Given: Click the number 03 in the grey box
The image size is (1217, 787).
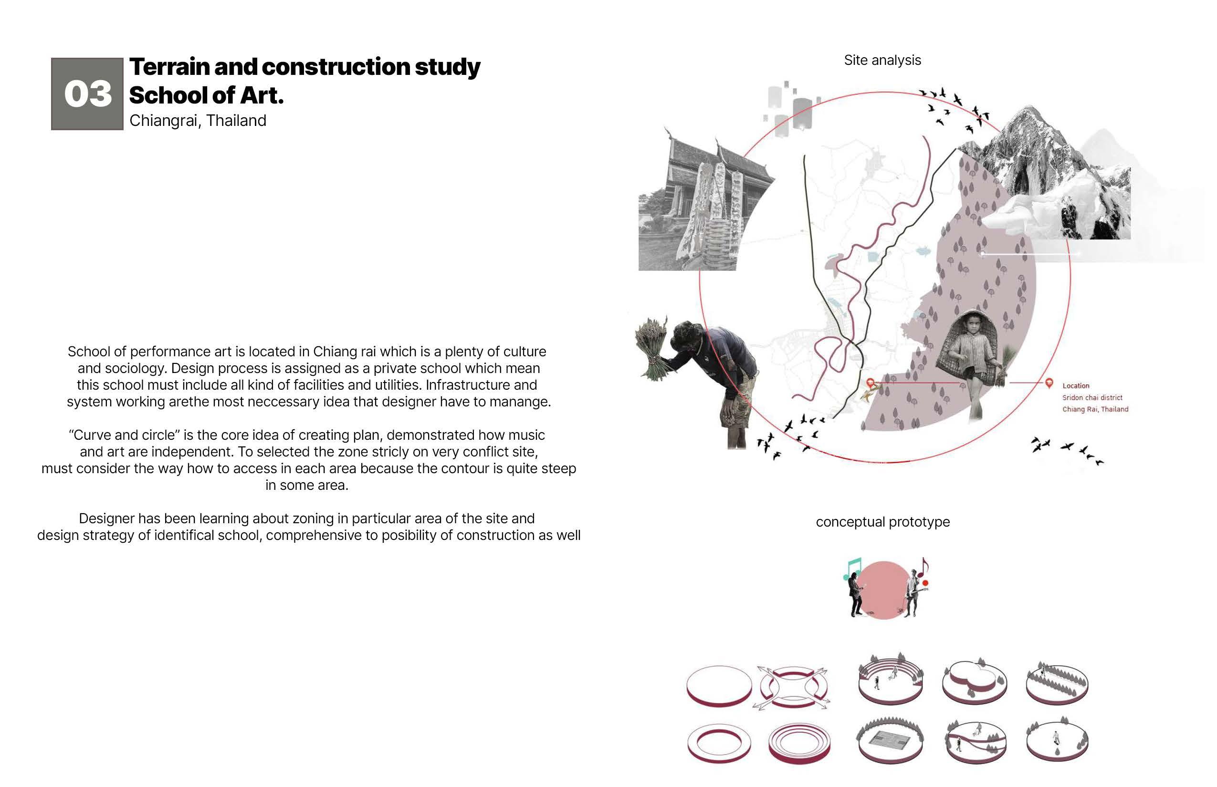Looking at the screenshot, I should [x=88, y=94].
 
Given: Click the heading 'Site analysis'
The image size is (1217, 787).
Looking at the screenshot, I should [x=882, y=60].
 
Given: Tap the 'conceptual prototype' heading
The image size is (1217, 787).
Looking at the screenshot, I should [x=882, y=522].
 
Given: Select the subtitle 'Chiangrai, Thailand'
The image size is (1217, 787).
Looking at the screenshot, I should [x=198, y=121].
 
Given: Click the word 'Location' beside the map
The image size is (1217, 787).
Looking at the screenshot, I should [x=1075, y=386].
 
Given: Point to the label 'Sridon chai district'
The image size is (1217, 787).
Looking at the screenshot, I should [x=1092, y=398].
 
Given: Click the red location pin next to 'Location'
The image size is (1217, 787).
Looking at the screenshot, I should [x=1049, y=382].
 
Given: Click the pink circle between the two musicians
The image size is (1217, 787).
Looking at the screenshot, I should [x=883, y=590].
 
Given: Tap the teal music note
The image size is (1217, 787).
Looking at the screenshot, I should [x=853, y=567].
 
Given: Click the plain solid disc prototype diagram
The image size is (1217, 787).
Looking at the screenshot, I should [x=719, y=686].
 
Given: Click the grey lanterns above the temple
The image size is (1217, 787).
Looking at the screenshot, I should [x=790, y=107].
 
